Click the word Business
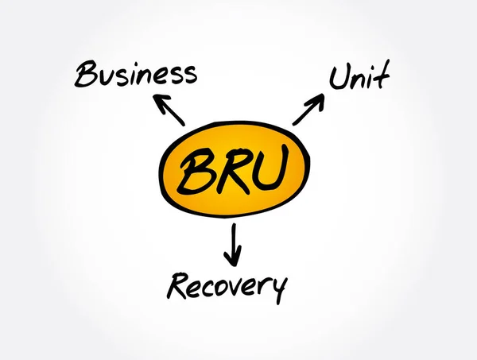pos(135,74)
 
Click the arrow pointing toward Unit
pos(308,109)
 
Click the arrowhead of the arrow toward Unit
pos(318,99)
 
